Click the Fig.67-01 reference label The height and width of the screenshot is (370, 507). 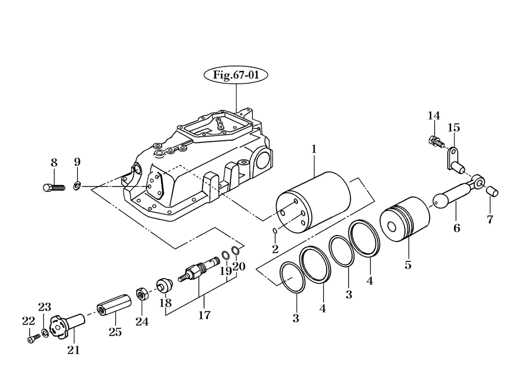tap(236, 75)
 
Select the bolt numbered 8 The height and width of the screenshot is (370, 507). tap(54, 187)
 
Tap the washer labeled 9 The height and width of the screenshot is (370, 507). tap(77, 186)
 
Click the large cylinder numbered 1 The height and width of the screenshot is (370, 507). tap(313, 201)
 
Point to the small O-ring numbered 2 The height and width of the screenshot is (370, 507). tap(275, 230)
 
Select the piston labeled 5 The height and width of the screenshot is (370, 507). tap(405, 219)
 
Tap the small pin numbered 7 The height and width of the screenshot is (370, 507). tap(492, 191)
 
